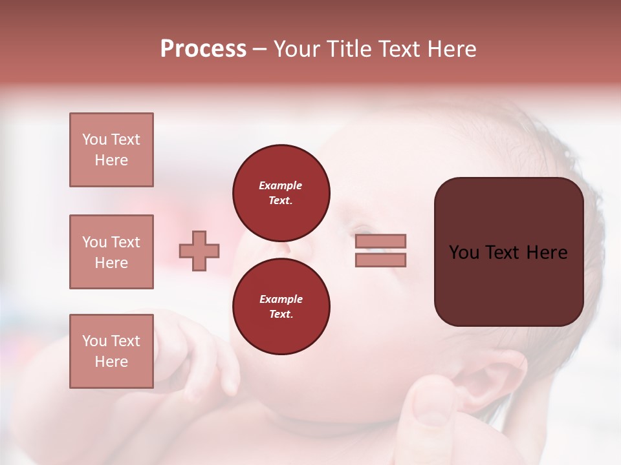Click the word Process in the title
(x=203, y=49)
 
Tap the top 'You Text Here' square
(x=111, y=150)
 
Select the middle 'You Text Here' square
(x=111, y=252)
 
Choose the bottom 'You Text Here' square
(x=111, y=351)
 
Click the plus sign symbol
(x=199, y=251)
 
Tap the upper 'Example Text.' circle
(x=281, y=192)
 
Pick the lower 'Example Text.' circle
(x=281, y=306)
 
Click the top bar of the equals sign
(x=380, y=241)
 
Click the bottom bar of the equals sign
(x=380, y=260)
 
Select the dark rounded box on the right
(x=508, y=252)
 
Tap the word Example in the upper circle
(x=281, y=185)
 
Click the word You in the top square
(x=94, y=139)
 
